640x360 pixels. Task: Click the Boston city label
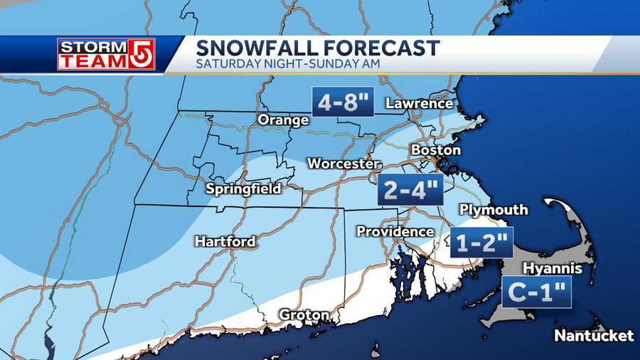(435, 151)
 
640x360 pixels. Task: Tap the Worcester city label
(343, 164)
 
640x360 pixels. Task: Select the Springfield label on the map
(243, 189)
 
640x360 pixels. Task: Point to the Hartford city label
(225, 242)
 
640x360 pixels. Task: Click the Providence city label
(395, 232)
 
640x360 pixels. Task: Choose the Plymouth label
(494, 210)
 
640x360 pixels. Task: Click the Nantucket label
(594, 335)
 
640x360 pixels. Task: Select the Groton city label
(304, 315)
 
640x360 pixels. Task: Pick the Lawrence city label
(419, 104)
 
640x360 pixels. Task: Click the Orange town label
(283, 120)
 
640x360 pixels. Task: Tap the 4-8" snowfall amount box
(343, 102)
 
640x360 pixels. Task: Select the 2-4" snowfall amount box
(410, 189)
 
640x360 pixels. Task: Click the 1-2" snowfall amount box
(481, 244)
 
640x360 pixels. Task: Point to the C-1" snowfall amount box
(536, 292)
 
